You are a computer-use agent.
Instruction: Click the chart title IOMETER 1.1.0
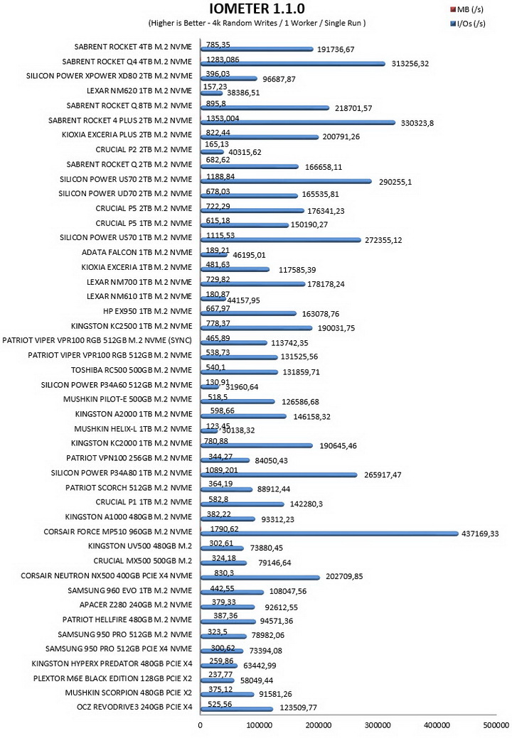257,9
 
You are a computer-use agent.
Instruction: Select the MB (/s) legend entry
466,9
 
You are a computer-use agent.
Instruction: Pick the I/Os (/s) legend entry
468,23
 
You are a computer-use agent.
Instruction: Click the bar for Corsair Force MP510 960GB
329,533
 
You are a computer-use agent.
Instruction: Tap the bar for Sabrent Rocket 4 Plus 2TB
298,122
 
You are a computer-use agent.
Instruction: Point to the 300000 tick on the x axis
378,725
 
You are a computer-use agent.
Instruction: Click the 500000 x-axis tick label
496,725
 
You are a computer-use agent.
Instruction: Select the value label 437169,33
479,533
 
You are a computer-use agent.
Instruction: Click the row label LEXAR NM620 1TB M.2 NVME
139,90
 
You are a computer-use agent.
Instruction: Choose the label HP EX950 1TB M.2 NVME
148,311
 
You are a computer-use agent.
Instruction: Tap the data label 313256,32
410,63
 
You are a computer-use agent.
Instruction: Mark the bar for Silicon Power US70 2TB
286,181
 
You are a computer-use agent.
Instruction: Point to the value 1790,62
224,529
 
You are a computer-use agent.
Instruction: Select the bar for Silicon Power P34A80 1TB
279,475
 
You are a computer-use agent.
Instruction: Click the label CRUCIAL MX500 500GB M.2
143,561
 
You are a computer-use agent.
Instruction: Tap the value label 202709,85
344,576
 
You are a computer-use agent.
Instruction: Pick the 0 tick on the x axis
201,725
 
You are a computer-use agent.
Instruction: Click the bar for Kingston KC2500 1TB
256,328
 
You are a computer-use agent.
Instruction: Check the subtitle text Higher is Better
177,23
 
